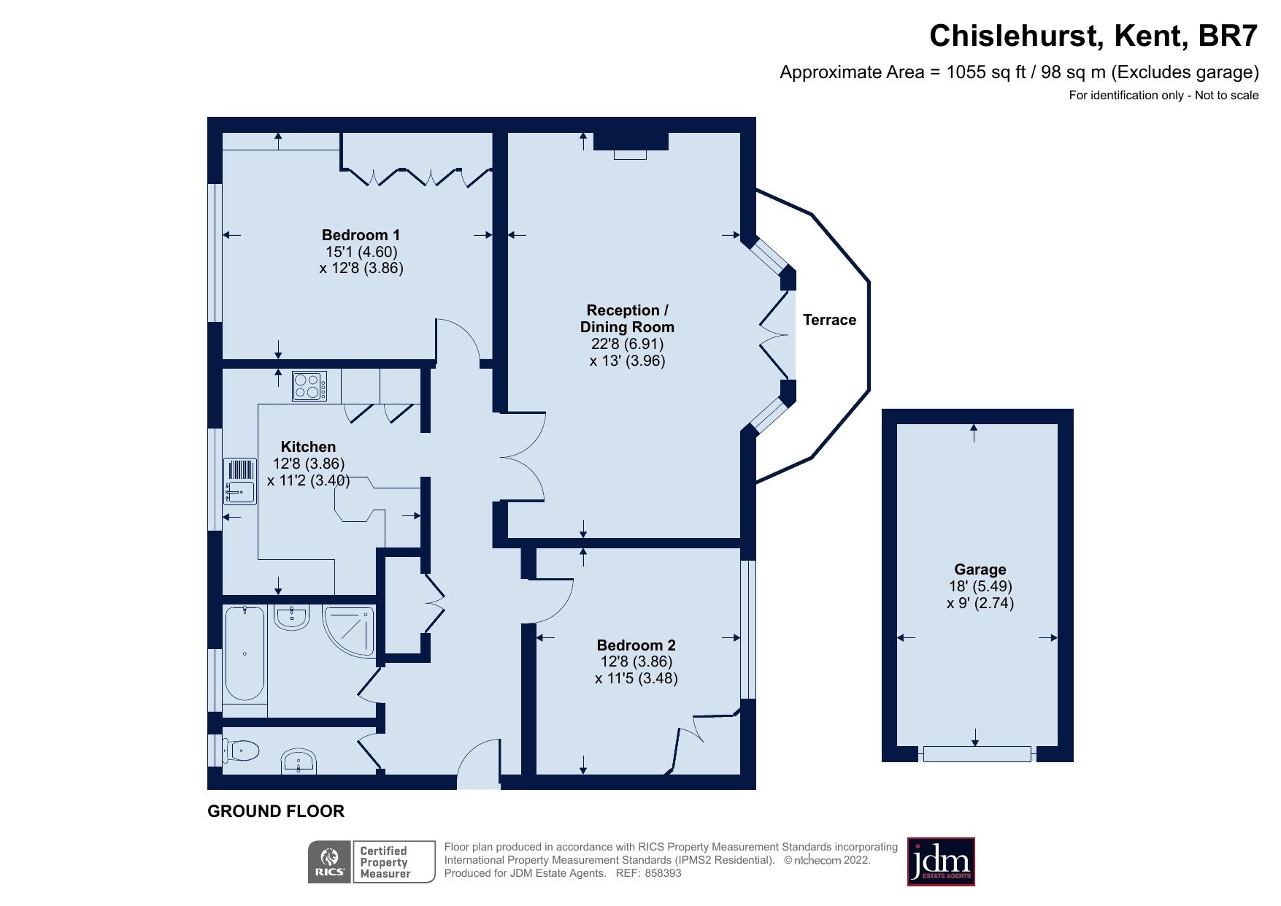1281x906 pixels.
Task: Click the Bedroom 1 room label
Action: (x=361, y=235)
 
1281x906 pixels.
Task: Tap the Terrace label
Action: (x=829, y=320)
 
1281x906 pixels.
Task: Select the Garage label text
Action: (x=980, y=569)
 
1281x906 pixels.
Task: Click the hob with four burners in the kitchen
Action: (x=309, y=385)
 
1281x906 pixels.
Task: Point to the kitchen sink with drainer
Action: (x=240, y=482)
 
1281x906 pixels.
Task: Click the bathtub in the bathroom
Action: (x=244, y=653)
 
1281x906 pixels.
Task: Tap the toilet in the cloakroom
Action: (x=243, y=750)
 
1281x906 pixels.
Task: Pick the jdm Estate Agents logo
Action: (x=940, y=861)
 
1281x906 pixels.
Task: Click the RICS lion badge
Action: (x=330, y=862)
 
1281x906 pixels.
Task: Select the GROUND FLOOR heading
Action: (x=276, y=811)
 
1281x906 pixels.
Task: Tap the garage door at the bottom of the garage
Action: (x=977, y=753)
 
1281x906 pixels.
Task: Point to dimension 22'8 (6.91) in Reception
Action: (x=627, y=344)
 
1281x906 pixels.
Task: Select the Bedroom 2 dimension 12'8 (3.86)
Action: (x=636, y=661)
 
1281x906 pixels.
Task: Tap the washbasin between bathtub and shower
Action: (x=293, y=618)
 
